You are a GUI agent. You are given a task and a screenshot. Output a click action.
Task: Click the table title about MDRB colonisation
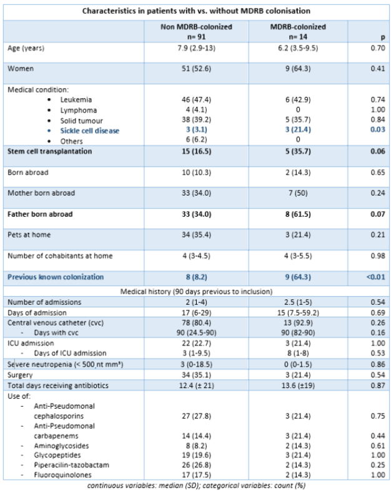pos(195,10)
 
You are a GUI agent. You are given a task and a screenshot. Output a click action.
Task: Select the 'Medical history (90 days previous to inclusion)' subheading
pos(195,291)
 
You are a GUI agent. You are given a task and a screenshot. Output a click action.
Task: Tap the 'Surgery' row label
pos(20,375)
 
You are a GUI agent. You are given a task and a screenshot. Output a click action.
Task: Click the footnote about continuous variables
pos(195,485)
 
